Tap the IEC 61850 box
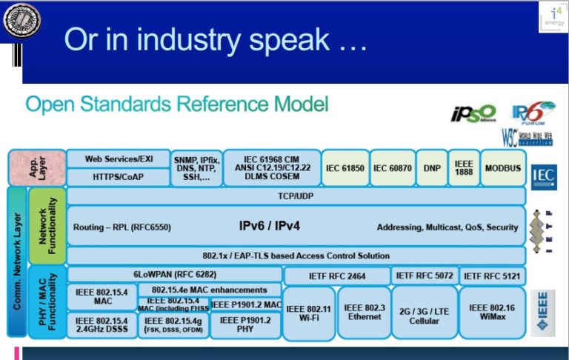tap(344, 168)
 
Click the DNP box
tap(432, 168)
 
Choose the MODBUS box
tap(502, 168)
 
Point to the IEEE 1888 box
tap(464, 168)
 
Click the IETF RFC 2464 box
tap(336, 276)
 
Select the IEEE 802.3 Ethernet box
tap(364, 313)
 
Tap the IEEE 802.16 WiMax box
tap(492, 313)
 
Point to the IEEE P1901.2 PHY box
tap(245, 325)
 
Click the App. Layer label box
tap(36, 167)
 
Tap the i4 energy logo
tap(553, 16)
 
